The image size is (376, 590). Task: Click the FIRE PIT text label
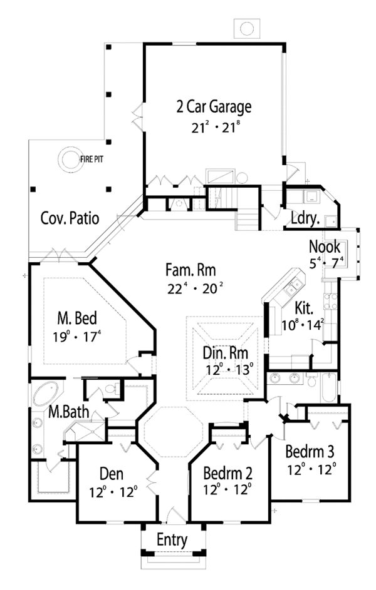91,160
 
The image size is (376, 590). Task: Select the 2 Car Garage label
214,107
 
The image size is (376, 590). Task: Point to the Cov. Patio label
70,218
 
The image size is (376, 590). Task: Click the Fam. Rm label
191,270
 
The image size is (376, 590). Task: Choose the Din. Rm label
226,353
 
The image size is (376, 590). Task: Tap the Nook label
325,247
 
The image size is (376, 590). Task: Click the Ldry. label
306,218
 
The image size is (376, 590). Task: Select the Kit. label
304,308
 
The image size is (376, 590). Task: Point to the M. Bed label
77,318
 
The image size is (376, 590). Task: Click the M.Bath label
68,412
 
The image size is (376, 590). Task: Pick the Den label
112,474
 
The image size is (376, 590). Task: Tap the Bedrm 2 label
227,474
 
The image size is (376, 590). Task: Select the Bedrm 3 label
310,452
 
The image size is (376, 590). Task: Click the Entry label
172,541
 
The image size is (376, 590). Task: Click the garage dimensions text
216,127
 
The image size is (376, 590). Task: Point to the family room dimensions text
195,288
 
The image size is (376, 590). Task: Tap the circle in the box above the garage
247,29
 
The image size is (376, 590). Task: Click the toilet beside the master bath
111,388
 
